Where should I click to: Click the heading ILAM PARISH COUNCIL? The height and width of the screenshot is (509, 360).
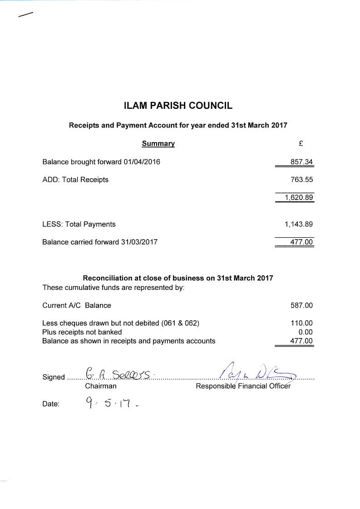point(178,106)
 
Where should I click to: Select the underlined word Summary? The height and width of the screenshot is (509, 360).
point(158,143)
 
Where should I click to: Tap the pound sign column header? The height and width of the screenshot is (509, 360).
point(301,143)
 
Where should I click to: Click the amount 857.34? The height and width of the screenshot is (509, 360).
point(301,162)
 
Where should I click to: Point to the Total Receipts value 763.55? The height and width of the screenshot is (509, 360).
point(301,180)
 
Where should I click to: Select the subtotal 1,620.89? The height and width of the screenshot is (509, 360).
point(299,197)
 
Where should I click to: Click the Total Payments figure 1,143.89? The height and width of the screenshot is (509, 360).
point(299,224)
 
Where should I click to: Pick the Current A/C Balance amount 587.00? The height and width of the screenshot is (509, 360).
point(301,305)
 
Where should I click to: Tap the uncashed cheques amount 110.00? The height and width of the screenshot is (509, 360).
point(301,323)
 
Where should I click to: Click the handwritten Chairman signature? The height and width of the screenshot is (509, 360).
point(119,373)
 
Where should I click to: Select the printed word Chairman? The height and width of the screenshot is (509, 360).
point(101,386)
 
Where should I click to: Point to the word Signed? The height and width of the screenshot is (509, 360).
point(54,377)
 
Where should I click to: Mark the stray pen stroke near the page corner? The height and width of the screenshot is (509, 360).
point(25,15)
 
